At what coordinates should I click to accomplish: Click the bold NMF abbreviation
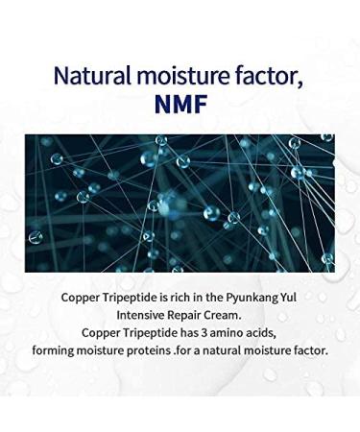180,105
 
